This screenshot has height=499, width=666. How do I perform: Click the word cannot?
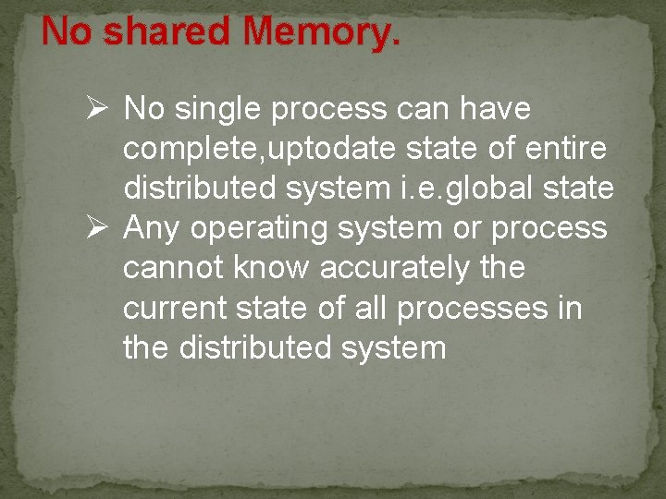pyautogui.click(x=171, y=268)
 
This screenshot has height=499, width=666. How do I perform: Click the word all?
pyautogui.click(x=370, y=308)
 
